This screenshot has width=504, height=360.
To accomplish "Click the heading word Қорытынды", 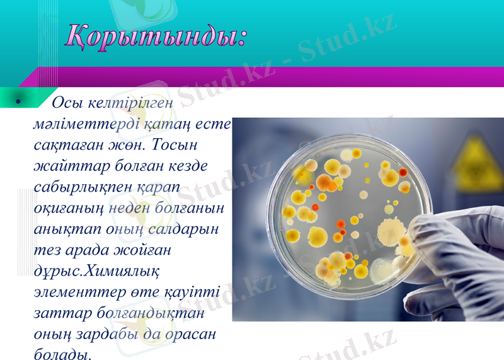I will (x=154, y=36).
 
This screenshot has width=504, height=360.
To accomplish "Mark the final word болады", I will (x=63, y=354).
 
